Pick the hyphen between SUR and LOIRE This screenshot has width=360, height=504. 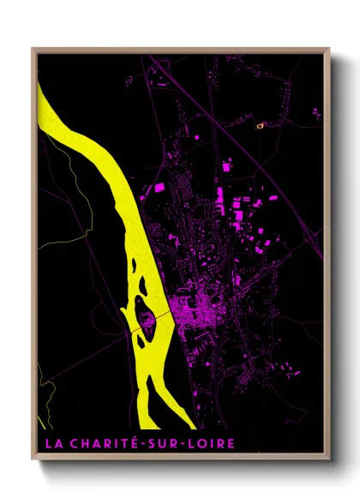pyautogui.click(x=182, y=443)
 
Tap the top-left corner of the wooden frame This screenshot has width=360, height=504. pyautogui.click(x=33, y=49)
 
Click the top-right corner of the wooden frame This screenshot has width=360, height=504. pyautogui.click(x=328, y=49)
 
